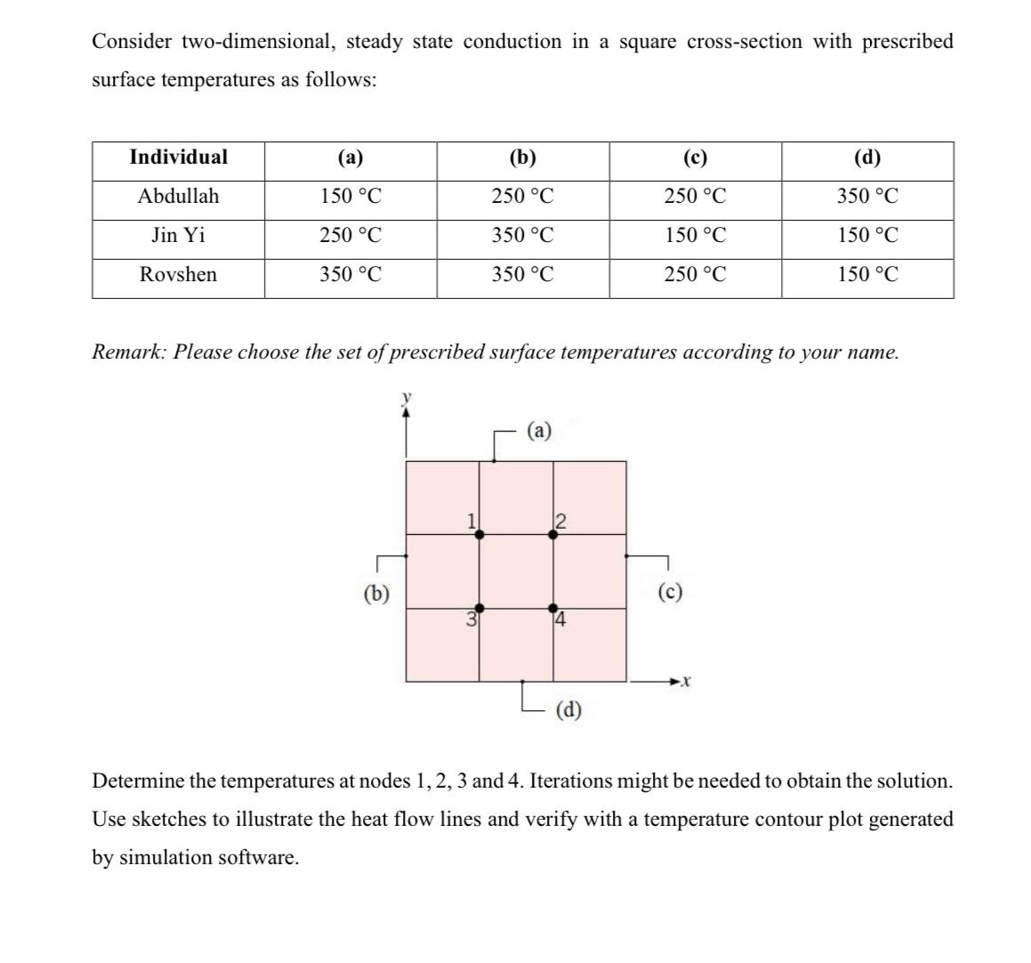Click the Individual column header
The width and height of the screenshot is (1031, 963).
click(x=178, y=158)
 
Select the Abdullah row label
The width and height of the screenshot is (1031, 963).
click(x=178, y=196)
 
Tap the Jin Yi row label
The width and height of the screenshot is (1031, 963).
click(x=178, y=235)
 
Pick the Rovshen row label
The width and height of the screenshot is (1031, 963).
click(x=178, y=274)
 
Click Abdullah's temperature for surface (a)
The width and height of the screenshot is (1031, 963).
click(x=350, y=196)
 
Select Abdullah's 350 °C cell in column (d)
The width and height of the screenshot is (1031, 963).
click(x=867, y=196)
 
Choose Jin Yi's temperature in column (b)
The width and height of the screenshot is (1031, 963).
click(x=522, y=235)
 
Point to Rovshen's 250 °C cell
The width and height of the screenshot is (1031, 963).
click(x=695, y=274)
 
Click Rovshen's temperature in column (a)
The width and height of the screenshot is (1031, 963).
click(x=350, y=274)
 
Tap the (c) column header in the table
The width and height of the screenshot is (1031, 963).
click(x=695, y=158)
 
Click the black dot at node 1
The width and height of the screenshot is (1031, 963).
click(x=479, y=534)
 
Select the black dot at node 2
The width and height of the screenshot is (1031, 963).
click(x=552, y=534)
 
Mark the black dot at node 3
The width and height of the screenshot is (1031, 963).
click(x=479, y=607)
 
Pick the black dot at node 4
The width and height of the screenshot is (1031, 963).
click(x=552, y=607)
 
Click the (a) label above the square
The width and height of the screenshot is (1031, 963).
click(x=539, y=432)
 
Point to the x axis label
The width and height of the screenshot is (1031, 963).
click(x=684, y=683)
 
